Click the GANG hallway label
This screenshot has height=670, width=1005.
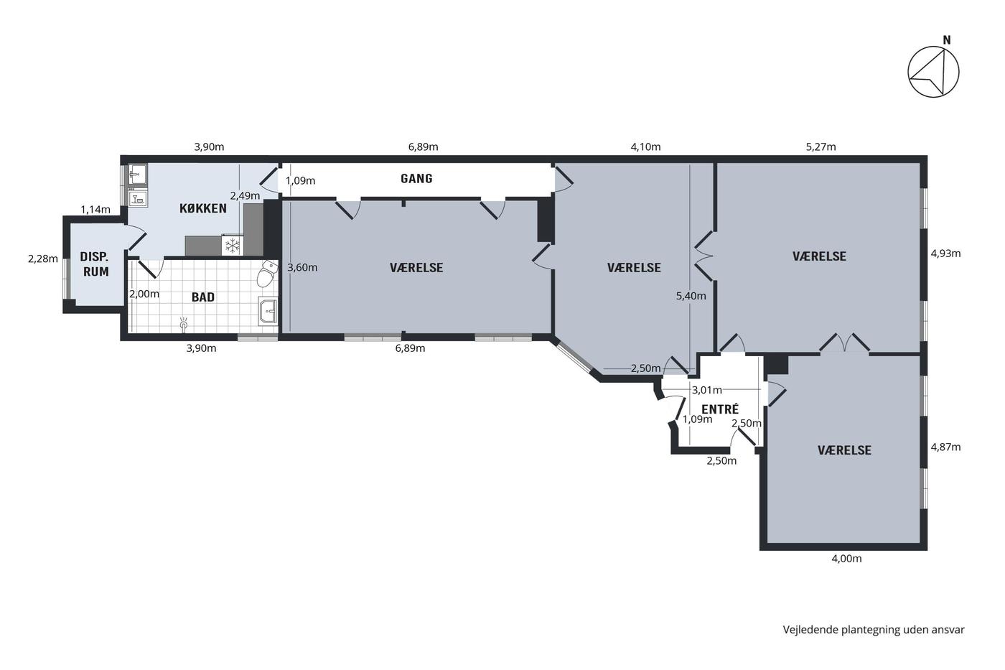pyautogui.click(x=416, y=179)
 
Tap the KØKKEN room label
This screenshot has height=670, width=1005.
pyautogui.click(x=203, y=208)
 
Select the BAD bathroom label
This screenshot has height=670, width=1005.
pyautogui.click(x=202, y=297)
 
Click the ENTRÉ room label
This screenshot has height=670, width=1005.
pyautogui.click(x=719, y=409)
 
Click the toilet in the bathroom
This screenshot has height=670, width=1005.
pyautogui.click(x=267, y=274)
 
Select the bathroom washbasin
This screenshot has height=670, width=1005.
pyautogui.click(x=268, y=310)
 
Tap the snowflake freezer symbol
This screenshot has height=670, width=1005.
pyautogui.click(x=232, y=246)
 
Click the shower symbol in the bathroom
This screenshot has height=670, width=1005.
pyautogui.click(x=183, y=324)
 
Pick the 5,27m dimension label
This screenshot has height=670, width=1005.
pyautogui.click(x=821, y=146)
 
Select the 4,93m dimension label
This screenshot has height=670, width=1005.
pyautogui.click(x=946, y=253)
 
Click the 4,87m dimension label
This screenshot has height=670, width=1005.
pyautogui.click(x=946, y=447)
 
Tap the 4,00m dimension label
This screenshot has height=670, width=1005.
pyautogui.click(x=846, y=558)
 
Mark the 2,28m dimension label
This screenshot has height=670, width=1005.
pyautogui.click(x=43, y=259)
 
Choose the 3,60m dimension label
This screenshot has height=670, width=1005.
pyautogui.click(x=302, y=267)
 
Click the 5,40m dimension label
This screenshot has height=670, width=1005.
pyautogui.click(x=691, y=296)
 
